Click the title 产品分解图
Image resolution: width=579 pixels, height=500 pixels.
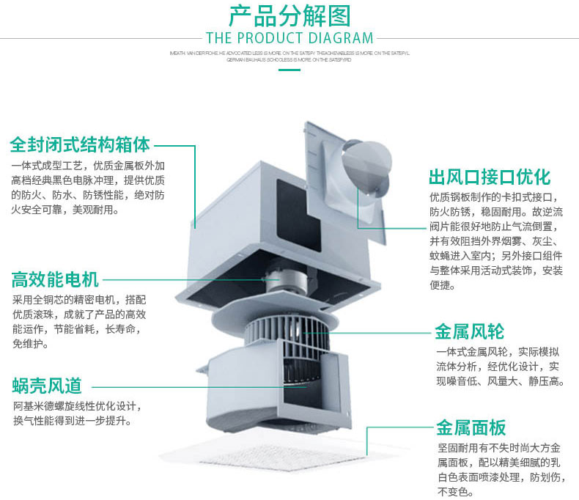coord(289,15)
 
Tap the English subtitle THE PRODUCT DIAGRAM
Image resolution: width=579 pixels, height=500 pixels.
coord(289,38)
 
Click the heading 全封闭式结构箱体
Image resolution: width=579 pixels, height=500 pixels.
coord(81,144)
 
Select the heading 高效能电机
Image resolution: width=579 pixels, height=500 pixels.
coord(55,279)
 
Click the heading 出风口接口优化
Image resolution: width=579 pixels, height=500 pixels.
coord(490,177)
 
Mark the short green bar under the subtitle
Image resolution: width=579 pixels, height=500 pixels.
coord(289,70)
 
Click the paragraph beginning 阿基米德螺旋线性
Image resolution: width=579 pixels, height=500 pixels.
coord(76,413)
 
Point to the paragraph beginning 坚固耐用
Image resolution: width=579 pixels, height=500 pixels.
coord(498,470)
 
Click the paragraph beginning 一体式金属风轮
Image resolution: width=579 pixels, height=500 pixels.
coord(498,366)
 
